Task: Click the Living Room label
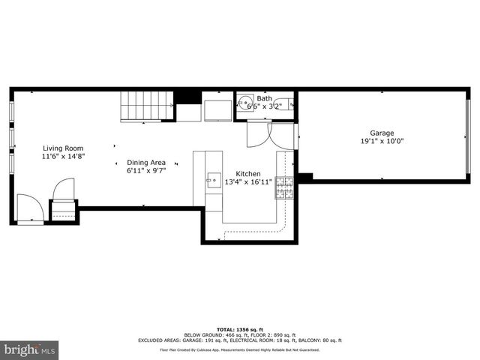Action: click(63, 148)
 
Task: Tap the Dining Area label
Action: click(146, 162)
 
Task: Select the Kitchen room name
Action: click(248, 172)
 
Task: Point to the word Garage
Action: click(382, 133)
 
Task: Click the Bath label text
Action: click(265, 98)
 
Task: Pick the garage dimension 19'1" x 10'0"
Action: click(382, 141)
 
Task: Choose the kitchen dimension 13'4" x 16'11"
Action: click(248, 181)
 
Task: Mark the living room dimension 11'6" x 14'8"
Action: click(63, 157)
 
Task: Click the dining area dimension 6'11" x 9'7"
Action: click(146, 170)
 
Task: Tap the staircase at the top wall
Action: click(146, 104)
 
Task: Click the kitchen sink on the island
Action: click(214, 179)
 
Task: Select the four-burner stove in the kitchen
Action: click(284, 188)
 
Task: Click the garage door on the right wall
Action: click(468, 134)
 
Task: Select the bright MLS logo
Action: click(30, 349)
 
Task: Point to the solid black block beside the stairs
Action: click(187, 97)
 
